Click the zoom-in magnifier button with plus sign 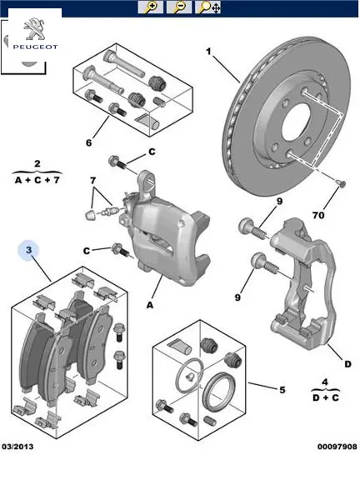click(x=151, y=7)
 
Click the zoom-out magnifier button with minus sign click(x=179, y=7)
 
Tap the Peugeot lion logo click(x=34, y=28)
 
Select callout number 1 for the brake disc click(x=208, y=51)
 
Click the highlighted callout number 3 click(x=28, y=249)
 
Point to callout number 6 click(x=88, y=142)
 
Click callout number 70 click(x=318, y=216)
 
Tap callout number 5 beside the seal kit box click(x=282, y=390)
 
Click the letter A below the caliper click(x=150, y=305)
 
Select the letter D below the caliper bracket click(x=347, y=364)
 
